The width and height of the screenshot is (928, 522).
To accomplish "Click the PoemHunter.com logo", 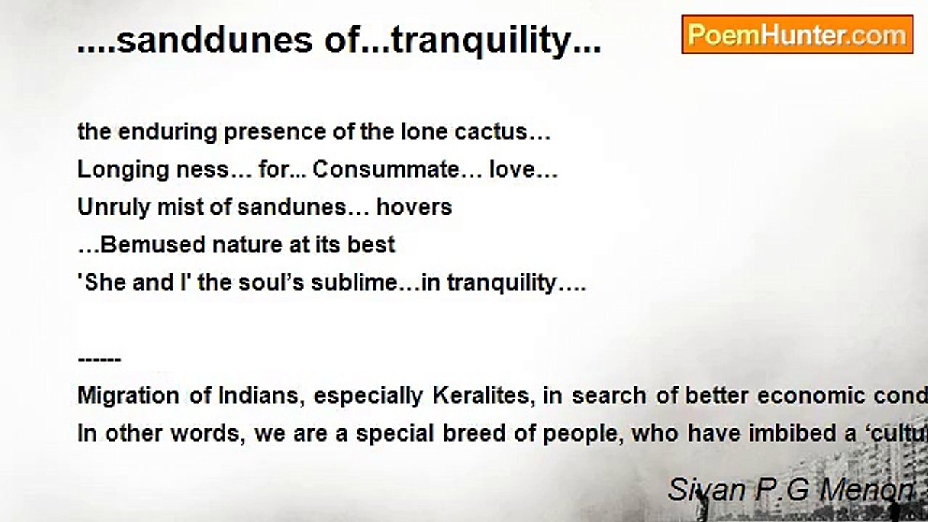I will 797,34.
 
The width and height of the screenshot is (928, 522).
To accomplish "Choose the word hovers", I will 414,207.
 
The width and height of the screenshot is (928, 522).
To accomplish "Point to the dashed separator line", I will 99,360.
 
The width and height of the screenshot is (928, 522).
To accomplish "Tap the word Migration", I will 128,396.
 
